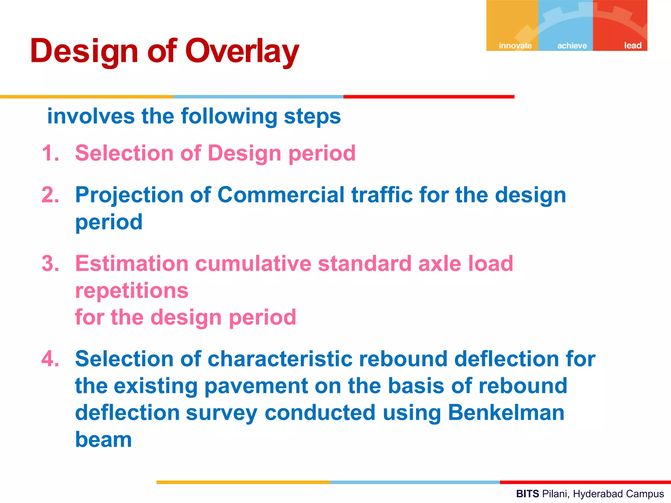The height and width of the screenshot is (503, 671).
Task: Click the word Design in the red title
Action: tap(84, 52)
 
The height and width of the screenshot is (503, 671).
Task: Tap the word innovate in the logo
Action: tap(515, 46)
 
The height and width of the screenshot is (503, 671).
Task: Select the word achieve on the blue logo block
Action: tap(572, 46)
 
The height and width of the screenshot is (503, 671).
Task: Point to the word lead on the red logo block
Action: tap(632, 46)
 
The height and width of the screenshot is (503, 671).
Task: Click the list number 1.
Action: tap(50, 153)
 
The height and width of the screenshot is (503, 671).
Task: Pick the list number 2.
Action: tap(50, 195)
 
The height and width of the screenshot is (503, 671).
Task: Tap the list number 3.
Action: tap(50, 264)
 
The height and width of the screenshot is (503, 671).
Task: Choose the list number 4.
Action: tap(50, 359)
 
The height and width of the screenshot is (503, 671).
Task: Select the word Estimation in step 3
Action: tap(132, 264)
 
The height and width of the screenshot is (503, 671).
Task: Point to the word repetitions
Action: tap(132, 291)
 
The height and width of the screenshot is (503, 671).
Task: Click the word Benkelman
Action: tap(506, 413)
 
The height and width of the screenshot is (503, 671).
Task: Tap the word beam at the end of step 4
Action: tap(104, 439)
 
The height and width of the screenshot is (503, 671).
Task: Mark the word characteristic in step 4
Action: tap(280, 359)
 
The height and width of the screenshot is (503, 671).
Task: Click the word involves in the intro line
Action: tap(91, 116)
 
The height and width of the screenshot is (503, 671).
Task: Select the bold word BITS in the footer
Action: tap(527, 494)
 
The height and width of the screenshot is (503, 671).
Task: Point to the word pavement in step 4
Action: tap(256, 386)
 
